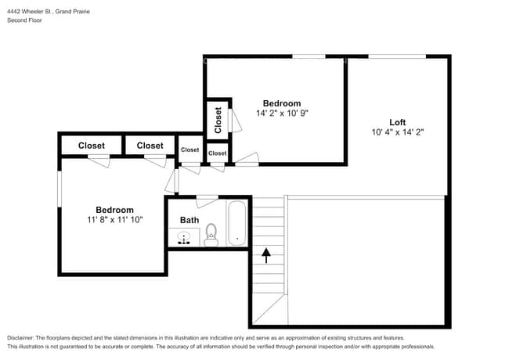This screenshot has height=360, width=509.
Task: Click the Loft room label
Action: click(x=397, y=122)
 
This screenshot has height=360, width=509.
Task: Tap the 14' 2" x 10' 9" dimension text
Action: click(x=282, y=113)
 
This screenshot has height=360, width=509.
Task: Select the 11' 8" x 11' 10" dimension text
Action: click(x=115, y=220)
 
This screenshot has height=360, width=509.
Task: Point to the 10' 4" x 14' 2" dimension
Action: click(x=398, y=132)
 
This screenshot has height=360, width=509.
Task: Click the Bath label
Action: click(x=190, y=220)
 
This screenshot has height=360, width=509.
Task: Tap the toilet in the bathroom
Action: click(x=211, y=235)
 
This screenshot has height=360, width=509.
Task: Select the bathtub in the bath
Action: click(x=237, y=224)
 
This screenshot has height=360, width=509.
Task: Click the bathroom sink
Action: click(x=184, y=237)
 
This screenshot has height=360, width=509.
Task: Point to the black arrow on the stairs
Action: click(x=266, y=256)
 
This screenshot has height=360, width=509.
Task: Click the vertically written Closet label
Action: click(x=218, y=120)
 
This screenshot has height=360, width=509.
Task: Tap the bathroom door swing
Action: click(x=207, y=201)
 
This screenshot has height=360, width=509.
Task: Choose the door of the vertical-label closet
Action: click(x=235, y=121)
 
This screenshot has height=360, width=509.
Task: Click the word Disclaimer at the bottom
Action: click(x=20, y=338)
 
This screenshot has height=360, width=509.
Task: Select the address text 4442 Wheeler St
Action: click(x=29, y=12)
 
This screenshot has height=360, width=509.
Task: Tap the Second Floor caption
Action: click(x=24, y=20)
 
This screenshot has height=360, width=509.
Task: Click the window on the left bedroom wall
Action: click(x=60, y=189)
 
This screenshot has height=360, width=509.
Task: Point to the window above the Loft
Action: click(x=397, y=56)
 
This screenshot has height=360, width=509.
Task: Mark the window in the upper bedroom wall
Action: click(x=309, y=56)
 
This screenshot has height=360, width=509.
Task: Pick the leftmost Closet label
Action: click(x=92, y=146)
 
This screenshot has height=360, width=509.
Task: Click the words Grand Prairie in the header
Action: click(x=72, y=12)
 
